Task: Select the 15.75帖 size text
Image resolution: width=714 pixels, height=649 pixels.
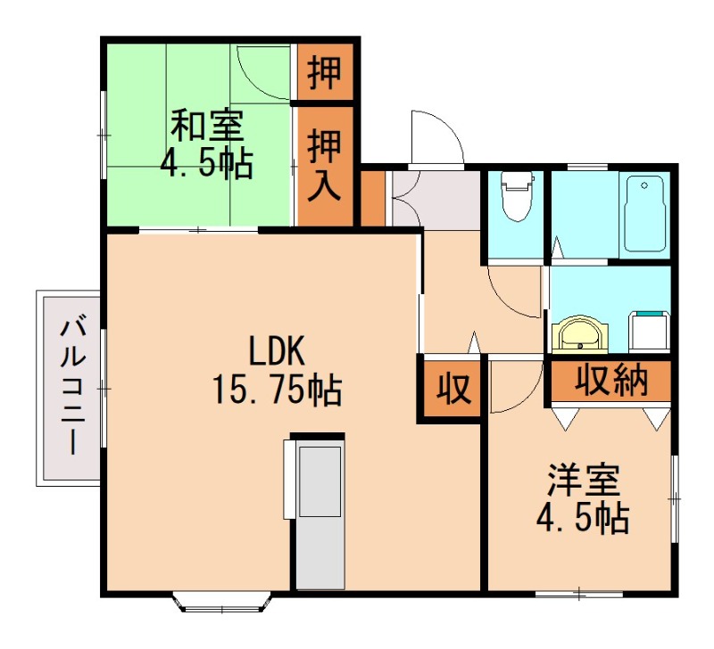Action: click(x=277, y=389)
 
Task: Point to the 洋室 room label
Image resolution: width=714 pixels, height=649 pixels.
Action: click(x=584, y=482)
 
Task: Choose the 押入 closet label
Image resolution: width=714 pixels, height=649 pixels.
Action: click(x=325, y=166)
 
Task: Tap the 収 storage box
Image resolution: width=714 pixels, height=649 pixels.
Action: click(x=452, y=389)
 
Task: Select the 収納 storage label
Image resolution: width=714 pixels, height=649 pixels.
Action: click(x=610, y=382)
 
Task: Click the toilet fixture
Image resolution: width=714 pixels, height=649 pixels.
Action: click(x=516, y=197)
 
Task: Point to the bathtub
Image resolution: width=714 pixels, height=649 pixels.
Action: click(x=645, y=214)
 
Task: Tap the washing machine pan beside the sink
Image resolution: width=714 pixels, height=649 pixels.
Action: click(x=651, y=330)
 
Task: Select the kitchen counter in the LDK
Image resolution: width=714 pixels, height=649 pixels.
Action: click(x=319, y=513)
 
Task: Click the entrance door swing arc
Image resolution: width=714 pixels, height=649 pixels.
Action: click(x=435, y=139)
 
